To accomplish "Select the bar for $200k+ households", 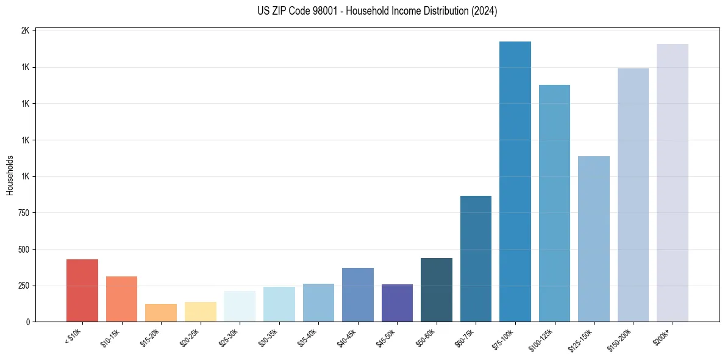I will point(672,182).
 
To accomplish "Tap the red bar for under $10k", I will point(82,290).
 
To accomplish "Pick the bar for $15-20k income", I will point(161,312).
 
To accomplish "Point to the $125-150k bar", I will point(593,239).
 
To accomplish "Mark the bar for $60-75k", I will point(476,259).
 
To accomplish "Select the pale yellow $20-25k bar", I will point(200,312).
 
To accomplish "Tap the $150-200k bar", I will point(633,195).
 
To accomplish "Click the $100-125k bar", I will point(554,203).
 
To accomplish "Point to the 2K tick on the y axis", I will point(26,31).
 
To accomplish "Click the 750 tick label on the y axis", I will point(24,213).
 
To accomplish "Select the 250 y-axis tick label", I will point(24,286).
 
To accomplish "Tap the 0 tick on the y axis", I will point(28,322).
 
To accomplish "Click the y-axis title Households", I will point(10,175).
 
